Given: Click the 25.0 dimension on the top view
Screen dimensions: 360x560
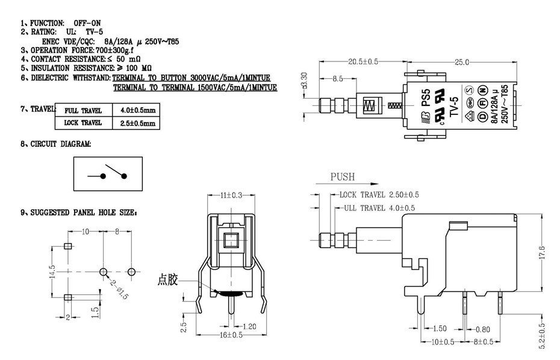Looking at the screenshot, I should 462,62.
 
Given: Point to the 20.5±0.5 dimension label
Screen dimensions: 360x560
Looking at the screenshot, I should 363,62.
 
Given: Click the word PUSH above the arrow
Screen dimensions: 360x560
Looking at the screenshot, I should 343,177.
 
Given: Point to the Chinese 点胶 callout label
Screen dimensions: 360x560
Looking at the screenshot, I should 168,279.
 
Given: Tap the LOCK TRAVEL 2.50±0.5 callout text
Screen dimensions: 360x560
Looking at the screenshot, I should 379,195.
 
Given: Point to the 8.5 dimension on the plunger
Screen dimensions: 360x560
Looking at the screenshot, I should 337,79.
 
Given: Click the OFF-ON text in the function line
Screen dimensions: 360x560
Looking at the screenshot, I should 87,22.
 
